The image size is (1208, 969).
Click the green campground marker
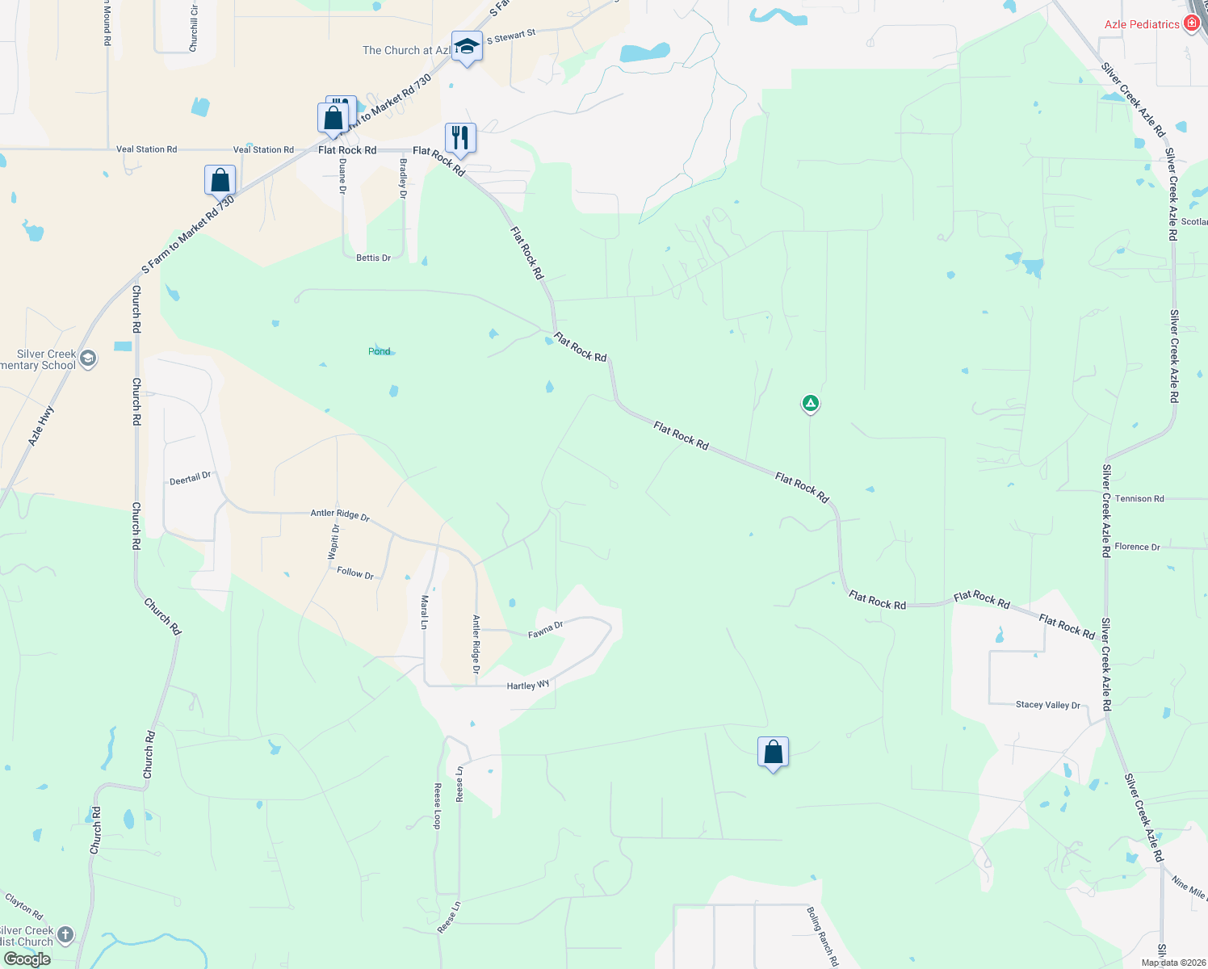click(x=810, y=403)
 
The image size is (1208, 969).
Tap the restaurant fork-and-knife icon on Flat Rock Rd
click(x=460, y=138)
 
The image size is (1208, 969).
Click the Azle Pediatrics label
click(x=1141, y=24)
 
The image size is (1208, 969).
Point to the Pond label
click(x=379, y=351)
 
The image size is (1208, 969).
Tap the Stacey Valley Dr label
click(x=1047, y=705)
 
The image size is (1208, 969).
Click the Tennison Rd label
click(x=1139, y=498)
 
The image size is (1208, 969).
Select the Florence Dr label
click(x=1136, y=547)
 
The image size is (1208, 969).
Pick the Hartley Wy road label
click(x=527, y=686)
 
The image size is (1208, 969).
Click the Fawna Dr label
click(x=545, y=630)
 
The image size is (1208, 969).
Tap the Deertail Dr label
click(x=190, y=479)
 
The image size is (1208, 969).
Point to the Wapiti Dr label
click(x=333, y=541)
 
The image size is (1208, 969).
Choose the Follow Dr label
click(x=355, y=573)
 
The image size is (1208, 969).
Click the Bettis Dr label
click(x=373, y=258)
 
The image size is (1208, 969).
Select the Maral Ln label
click(x=424, y=612)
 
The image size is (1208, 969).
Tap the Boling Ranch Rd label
click(x=823, y=936)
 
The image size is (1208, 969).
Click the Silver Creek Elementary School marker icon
click(x=88, y=358)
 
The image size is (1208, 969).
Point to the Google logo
click(x=27, y=959)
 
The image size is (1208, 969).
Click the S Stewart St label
click(x=511, y=37)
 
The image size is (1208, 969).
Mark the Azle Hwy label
click(x=41, y=426)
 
